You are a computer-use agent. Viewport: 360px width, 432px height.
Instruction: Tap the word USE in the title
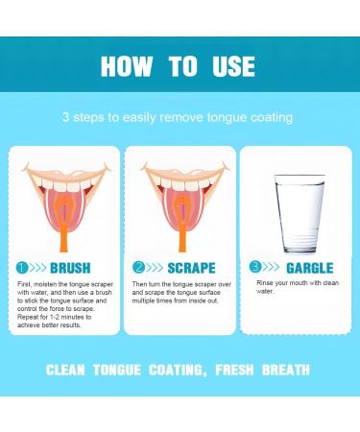pos(231,66)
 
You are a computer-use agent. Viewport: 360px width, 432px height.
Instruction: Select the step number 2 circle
pos(140,268)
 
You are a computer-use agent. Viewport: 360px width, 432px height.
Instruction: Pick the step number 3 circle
pos(254,267)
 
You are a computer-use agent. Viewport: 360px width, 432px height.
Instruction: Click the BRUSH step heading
pos(71,268)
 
